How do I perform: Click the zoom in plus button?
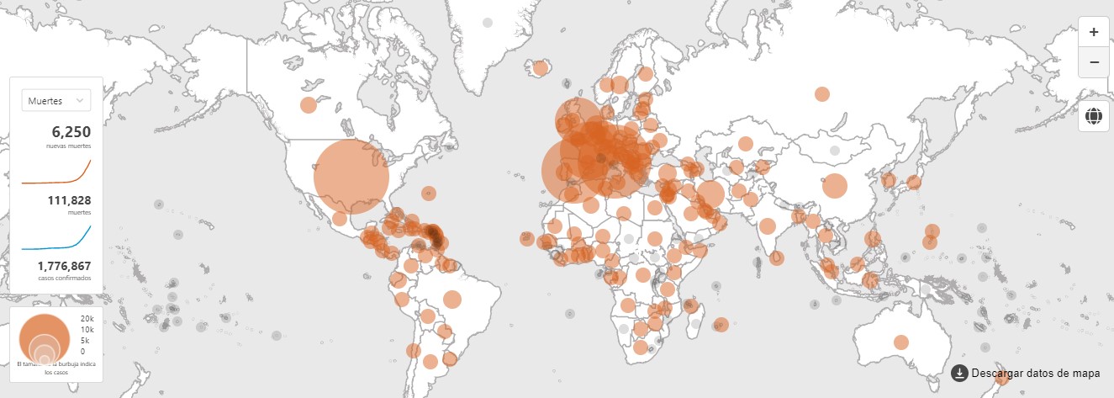pos(1093,32)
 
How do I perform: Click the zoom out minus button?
pos(1093,62)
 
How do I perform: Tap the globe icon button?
pos(1093,116)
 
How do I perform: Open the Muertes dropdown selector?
pos(55,100)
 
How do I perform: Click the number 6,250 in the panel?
pos(71,131)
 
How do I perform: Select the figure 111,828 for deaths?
pos(71,200)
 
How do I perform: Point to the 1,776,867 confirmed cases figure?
pos(64,266)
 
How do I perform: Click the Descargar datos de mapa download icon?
pos(959,373)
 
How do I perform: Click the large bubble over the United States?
pos(351,176)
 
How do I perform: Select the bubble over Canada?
pos(309,105)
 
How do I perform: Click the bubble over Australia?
pos(901,342)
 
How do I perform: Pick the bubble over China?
pos(834,185)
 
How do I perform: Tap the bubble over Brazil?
pos(452,299)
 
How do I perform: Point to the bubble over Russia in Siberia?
pos(822,94)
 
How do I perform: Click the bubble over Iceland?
pos(541,67)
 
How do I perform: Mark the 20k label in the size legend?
pos(87,319)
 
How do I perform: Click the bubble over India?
pos(767,226)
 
